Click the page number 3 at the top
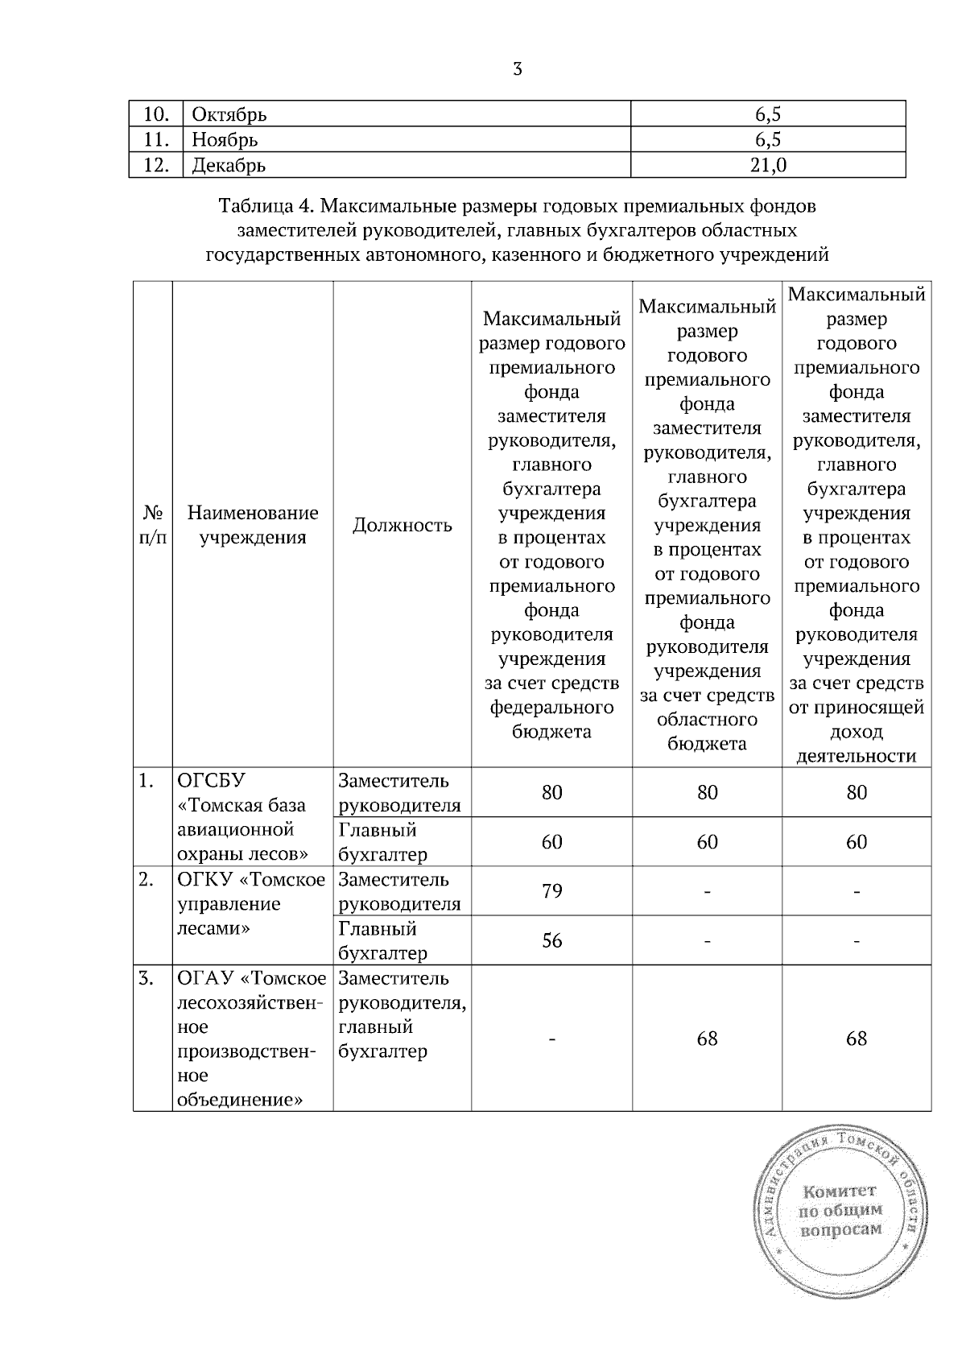(x=518, y=69)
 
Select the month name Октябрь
(x=229, y=114)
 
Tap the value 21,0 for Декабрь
(x=768, y=165)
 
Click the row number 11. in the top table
(x=155, y=140)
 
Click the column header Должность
(x=402, y=526)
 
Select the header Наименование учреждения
(x=253, y=525)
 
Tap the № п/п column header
(x=153, y=525)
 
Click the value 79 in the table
(x=551, y=891)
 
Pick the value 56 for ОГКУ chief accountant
(x=551, y=940)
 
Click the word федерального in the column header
(x=551, y=707)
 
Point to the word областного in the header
(x=707, y=719)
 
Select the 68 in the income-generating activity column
(x=857, y=1039)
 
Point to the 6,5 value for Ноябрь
(x=768, y=140)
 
